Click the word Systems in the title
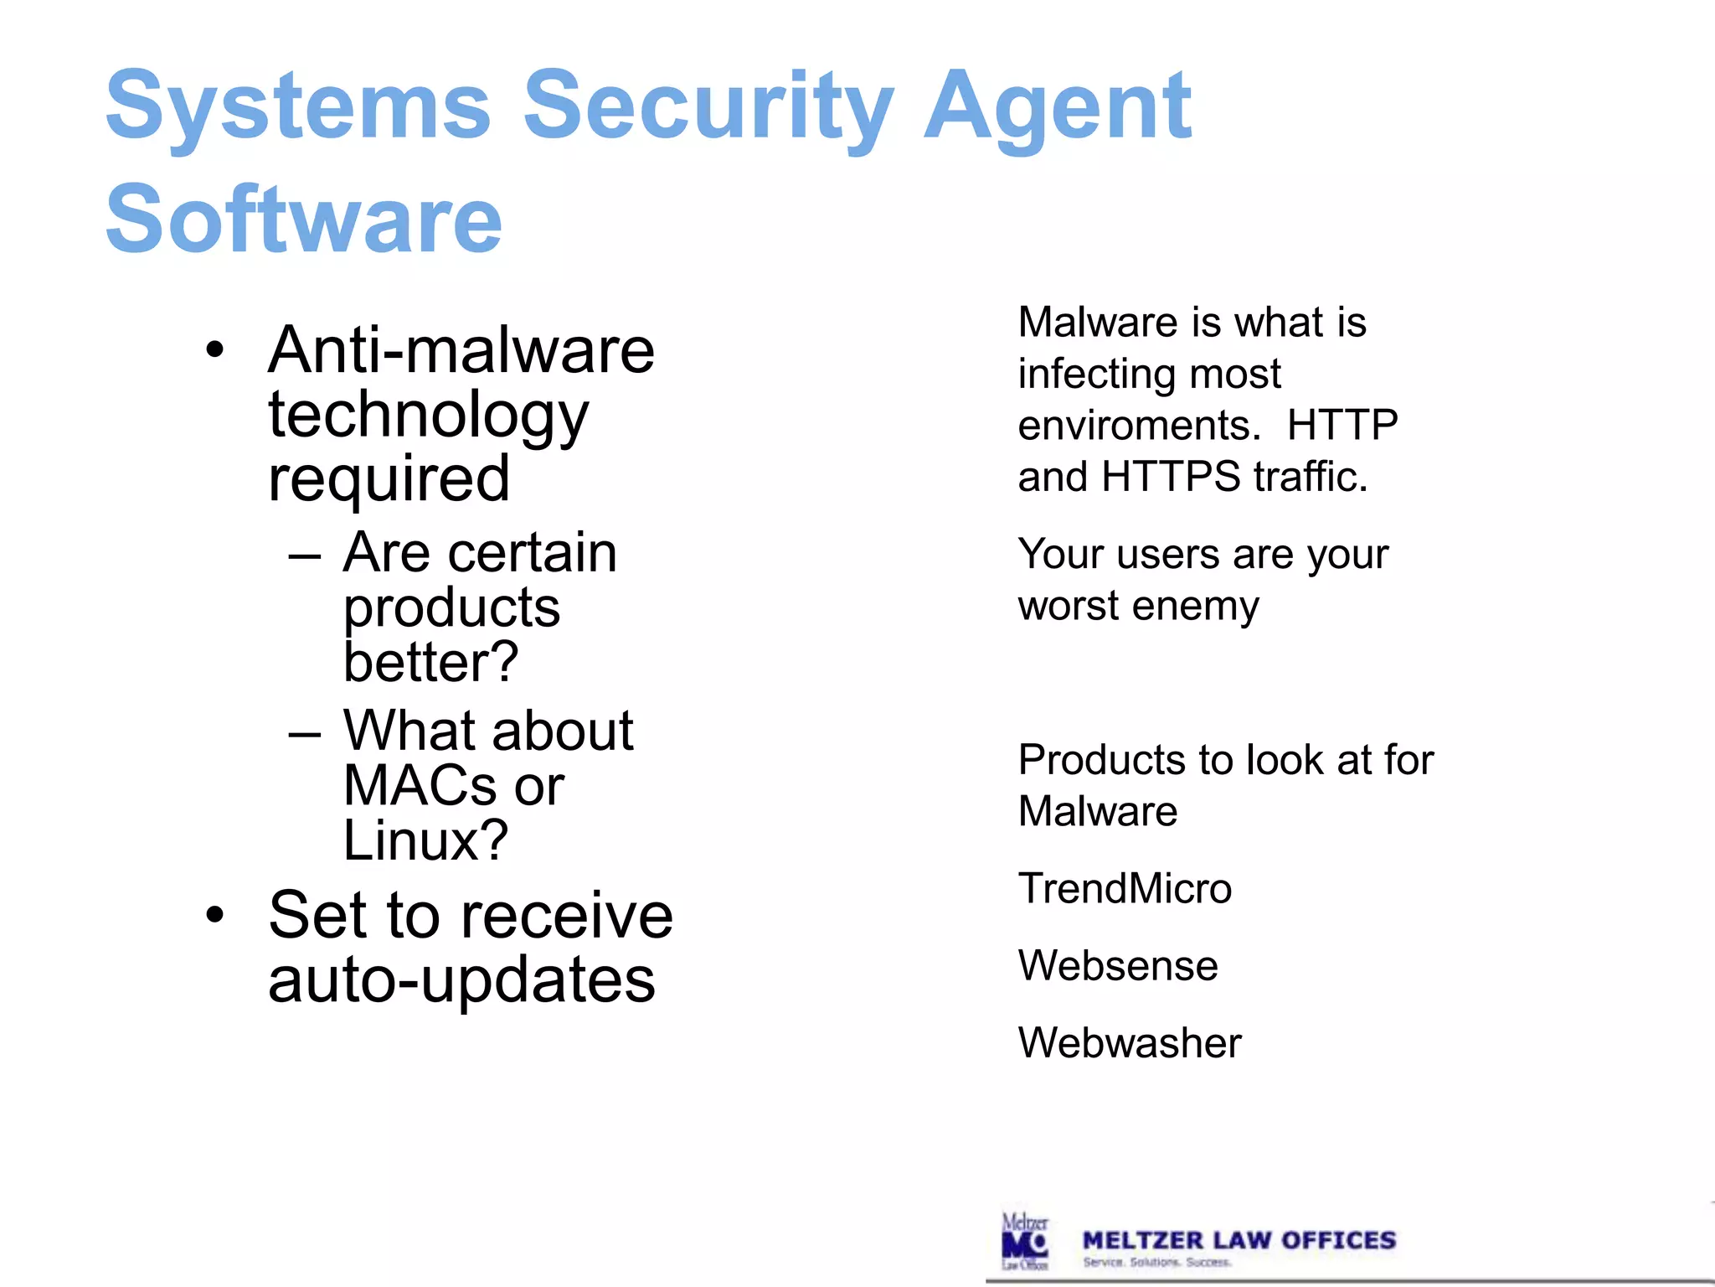pyautogui.click(x=297, y=107)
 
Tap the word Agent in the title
pyautogui.click(x=1057, y=107)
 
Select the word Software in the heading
pyautogui.click(x=303, y=220)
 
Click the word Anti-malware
pyautogui.click(x=461, y=349)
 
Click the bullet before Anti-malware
pyautogui.click(x=215, y=350)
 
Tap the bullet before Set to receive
pyautogui.click(x=215, y=915)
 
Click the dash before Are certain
pyautogui.click(x=304, y=556)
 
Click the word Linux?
pyautogui.click(x=425, y=840)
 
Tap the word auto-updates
pyautogui.click(x=461, y=980)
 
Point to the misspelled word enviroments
pyautogui.click(x=1139, y=426)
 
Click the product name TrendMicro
pyautogui.click(x=1125, y=888)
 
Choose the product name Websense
pyautogui.click(x=1118, y=965)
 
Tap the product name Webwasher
pyautogui.click(x=1130, y=1043)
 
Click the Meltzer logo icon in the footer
pyautogui.click(x=1025, y=1241)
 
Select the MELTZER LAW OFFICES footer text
pyautogui.click(x=1239, y=1240)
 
